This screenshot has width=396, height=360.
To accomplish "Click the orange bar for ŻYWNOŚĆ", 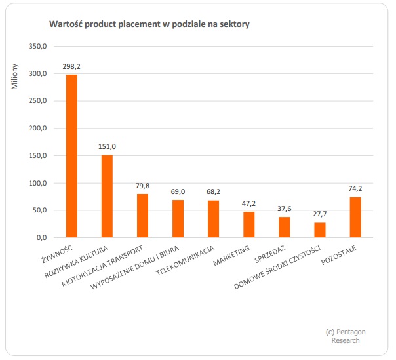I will coord(71,156).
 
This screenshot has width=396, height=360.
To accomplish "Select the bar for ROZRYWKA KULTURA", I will coord(107,196).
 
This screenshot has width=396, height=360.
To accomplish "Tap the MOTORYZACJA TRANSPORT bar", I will coord(142,216).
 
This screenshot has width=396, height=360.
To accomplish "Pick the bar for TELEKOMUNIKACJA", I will coord(213,219).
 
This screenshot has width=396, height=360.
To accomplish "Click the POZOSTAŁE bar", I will coord(355,217).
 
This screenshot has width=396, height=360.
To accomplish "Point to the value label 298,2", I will coord(71,66).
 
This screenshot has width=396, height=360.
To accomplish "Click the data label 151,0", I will coord(107,146).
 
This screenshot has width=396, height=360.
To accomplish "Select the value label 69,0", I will coord(178,191).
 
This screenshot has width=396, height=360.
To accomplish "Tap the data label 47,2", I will coord(248,203).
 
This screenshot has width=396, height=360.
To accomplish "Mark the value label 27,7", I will coord(319,214).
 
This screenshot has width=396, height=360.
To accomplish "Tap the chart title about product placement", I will coord(149,24).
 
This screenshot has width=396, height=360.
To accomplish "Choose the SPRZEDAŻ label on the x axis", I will coord(270,254).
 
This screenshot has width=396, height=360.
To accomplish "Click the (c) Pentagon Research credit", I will coord(345,336).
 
